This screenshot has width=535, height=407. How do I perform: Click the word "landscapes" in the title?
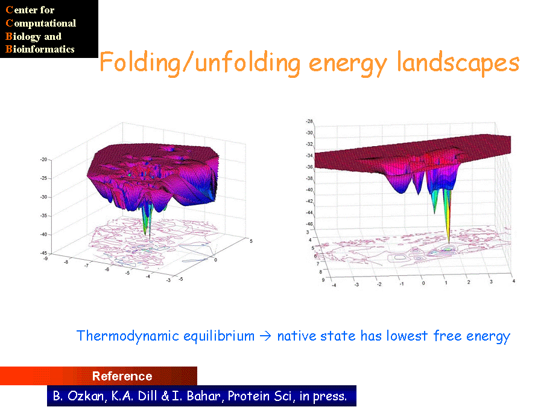click(458, 63)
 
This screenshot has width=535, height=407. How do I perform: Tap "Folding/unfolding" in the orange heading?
click(200, 63)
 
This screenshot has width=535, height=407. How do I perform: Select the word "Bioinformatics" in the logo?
click(40, 49)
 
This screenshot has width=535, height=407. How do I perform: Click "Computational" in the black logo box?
click(40, 23)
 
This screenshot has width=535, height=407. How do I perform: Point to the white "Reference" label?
click(122, 376)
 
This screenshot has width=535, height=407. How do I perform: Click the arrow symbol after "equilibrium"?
click(265, 336)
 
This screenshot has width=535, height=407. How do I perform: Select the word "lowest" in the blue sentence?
click(407, 336)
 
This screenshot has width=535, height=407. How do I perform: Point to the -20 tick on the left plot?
click(43, 159)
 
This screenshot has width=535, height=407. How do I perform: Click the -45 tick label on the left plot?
click(43, 253)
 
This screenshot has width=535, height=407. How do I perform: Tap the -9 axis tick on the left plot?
click(45, 258)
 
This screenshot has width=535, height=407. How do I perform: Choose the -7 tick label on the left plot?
click(86, 266)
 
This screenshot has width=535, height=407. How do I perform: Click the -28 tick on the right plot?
click(309, 121)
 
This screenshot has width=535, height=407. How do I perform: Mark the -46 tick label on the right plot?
click(309, 224)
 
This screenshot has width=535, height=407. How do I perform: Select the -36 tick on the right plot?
click(309, 167)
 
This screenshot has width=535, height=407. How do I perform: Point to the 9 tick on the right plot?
click(323, 280)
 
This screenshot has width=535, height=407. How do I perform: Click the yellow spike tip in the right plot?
click(449, 243)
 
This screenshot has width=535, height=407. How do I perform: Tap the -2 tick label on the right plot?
click(379, 284)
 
